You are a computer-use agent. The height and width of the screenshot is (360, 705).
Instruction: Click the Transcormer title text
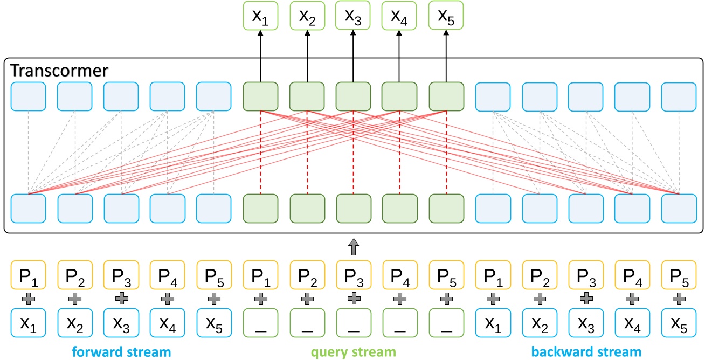point(60,71)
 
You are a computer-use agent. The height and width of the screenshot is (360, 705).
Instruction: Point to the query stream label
point(353,352)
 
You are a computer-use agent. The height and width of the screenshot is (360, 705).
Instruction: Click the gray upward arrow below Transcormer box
point(353,248)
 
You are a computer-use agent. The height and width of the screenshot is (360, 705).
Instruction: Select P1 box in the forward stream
point(28,275)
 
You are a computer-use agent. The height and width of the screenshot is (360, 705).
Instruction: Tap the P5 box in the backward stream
point(679,275)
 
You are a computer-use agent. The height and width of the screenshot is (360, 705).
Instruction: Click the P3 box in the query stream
point(353,275)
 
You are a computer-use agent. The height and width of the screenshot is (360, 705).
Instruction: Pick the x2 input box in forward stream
point(75,323)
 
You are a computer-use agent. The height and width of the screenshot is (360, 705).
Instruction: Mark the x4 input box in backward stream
point(632,323)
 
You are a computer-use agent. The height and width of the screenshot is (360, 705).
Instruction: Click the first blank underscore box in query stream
point(261,323)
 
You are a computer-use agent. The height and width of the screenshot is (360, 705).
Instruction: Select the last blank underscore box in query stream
point(446,323)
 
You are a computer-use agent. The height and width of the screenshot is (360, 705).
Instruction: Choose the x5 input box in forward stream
point(214,323)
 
